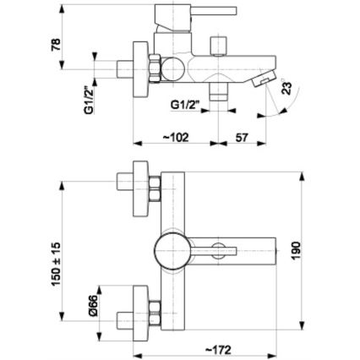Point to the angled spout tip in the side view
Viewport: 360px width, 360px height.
(263, 79)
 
